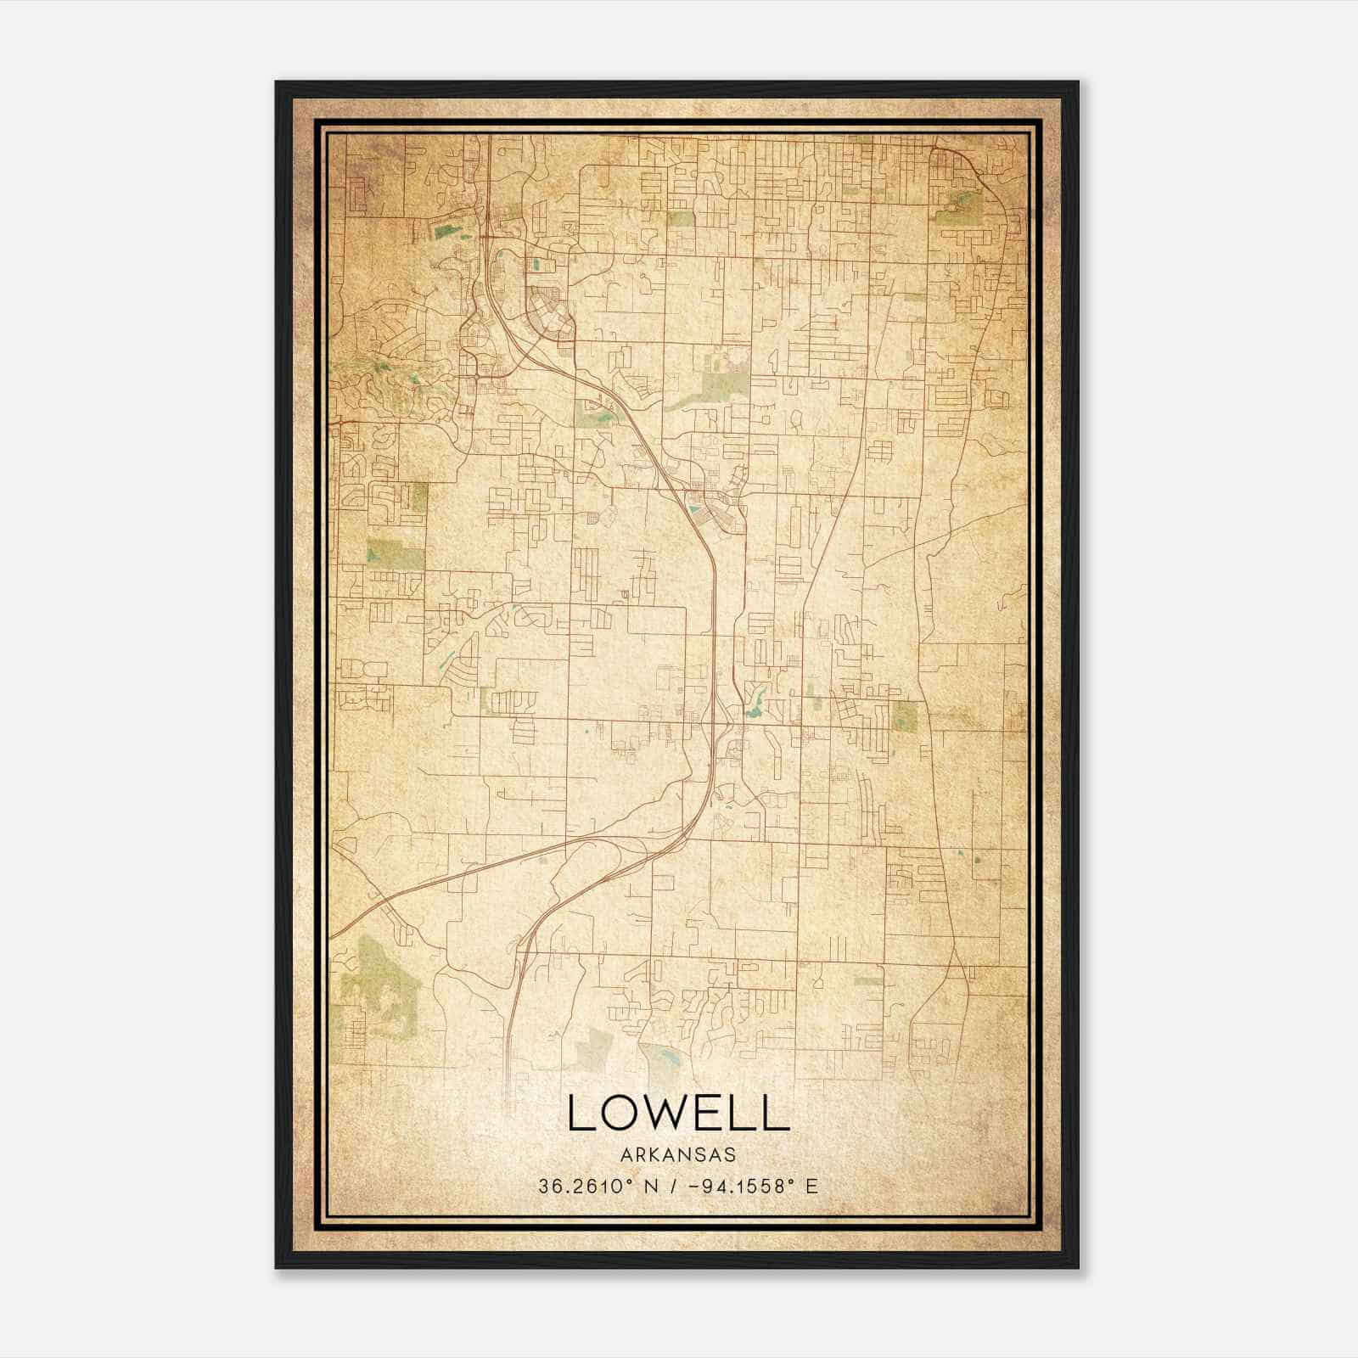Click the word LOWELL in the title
coord(678,1113)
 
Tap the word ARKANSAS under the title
coord(677,1155)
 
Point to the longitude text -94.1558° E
coord(751,1186)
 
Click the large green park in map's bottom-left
coord(378,976)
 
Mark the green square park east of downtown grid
coord(906,715)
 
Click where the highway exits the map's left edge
coord(333,935)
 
